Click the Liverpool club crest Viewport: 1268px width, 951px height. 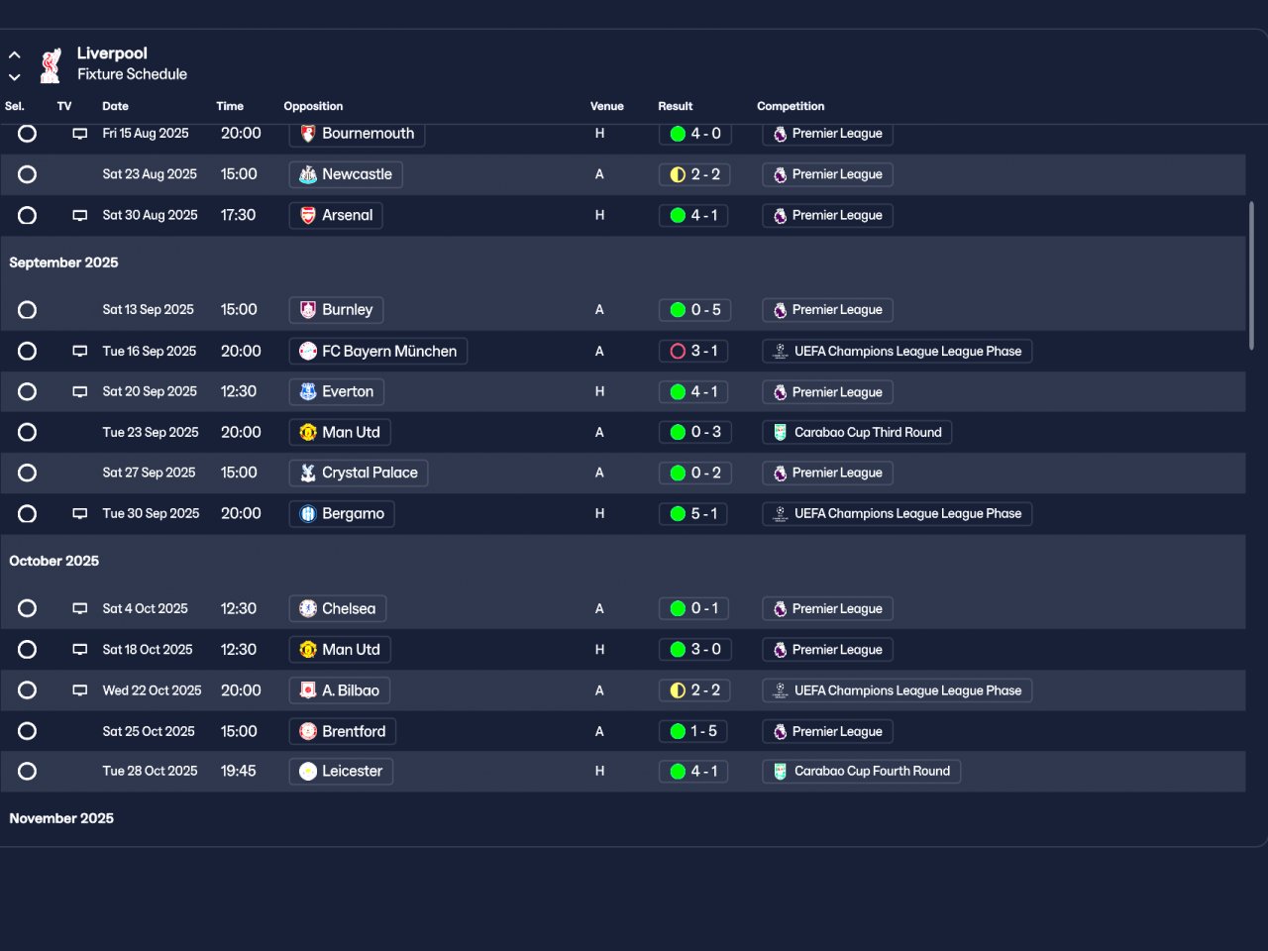[51, 65]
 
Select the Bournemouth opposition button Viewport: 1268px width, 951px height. [357, 134]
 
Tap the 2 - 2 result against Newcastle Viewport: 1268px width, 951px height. [694, 174]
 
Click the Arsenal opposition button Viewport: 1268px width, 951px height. [336, 215]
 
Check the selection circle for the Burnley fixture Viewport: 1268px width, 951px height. [28, 310]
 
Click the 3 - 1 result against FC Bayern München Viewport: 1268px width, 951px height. [694, 351]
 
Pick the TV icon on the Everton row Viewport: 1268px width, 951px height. [80, 392]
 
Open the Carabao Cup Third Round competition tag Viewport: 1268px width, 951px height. [857, 432]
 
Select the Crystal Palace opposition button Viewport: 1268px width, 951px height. [359, 473]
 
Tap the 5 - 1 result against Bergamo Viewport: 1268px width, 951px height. [694, 513]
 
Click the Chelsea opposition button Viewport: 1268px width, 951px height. [338, 608]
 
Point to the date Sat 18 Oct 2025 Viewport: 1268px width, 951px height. [148, 650]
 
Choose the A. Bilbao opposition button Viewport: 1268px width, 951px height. [340, 690]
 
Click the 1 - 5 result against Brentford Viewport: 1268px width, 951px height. [694, 731]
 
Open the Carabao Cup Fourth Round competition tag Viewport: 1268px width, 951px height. [861, 771]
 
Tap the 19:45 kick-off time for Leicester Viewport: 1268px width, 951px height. [239, 771]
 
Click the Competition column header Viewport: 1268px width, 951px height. [791, 106]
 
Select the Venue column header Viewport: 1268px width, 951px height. [607, 106]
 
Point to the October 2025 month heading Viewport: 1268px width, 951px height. [54, 561]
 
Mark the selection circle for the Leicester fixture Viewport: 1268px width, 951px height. [28, 771]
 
